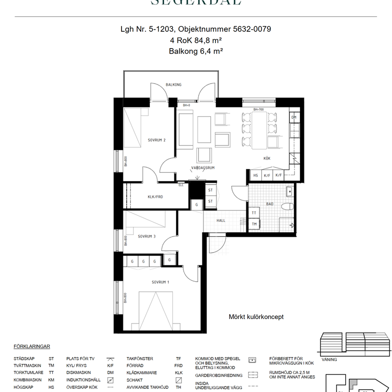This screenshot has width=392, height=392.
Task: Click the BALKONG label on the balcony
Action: [x=173, y=85]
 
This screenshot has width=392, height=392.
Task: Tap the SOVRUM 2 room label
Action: [x=157, y=140]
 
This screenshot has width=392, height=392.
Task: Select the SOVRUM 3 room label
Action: [x=147, y=236]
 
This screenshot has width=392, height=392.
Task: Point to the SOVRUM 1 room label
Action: [x=160, y=282]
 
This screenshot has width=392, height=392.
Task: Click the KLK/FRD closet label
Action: [x=155, y=197]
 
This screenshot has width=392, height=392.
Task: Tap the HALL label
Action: [x=220, y=220]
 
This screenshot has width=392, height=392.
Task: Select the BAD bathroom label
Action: [x=269, y=204]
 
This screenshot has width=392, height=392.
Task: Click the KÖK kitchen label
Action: [x=267, y=158]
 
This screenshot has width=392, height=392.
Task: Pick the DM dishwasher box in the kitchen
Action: [x=294, y=118]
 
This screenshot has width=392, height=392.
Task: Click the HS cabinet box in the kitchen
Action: [x=255, y=175]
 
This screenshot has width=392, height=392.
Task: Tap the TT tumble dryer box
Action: [x=254, y=212]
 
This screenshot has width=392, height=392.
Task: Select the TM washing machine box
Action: [x=254, y=224]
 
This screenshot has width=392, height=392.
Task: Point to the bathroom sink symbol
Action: [x=289, y=191]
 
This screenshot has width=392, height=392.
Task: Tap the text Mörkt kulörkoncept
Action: [x=256, y=317]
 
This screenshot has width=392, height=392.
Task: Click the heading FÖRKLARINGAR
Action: [x=32, y=346]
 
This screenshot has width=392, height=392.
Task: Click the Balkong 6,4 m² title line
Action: [x=196, y=51]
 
